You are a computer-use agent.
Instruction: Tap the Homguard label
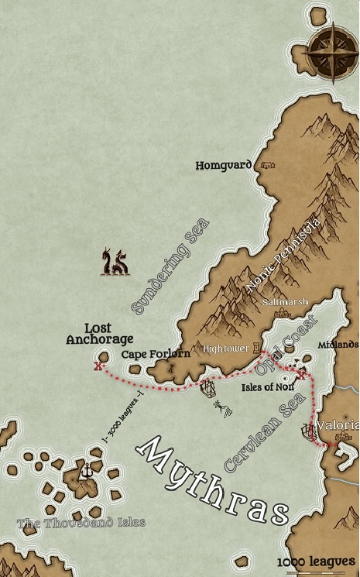(x=223, y=165)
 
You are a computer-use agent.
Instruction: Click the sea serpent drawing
(x=115, y=262)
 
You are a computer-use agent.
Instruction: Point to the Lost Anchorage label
(x=99, y=334)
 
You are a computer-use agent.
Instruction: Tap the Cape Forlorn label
(x=156, y=354)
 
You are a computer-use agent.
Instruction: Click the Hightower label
(x=226, y=349)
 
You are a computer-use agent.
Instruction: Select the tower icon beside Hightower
(x=256, y=348)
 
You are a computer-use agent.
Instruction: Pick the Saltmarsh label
(x=285, y=302)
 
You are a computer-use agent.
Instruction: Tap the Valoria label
(x=345, y=426)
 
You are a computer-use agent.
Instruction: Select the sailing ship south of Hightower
(x=208, y=386)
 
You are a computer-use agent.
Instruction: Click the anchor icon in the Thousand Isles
(x=87, y=470)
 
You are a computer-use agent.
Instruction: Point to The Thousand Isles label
(x=81, y=522)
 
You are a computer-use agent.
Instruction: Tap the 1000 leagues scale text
(x=316, y=562)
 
